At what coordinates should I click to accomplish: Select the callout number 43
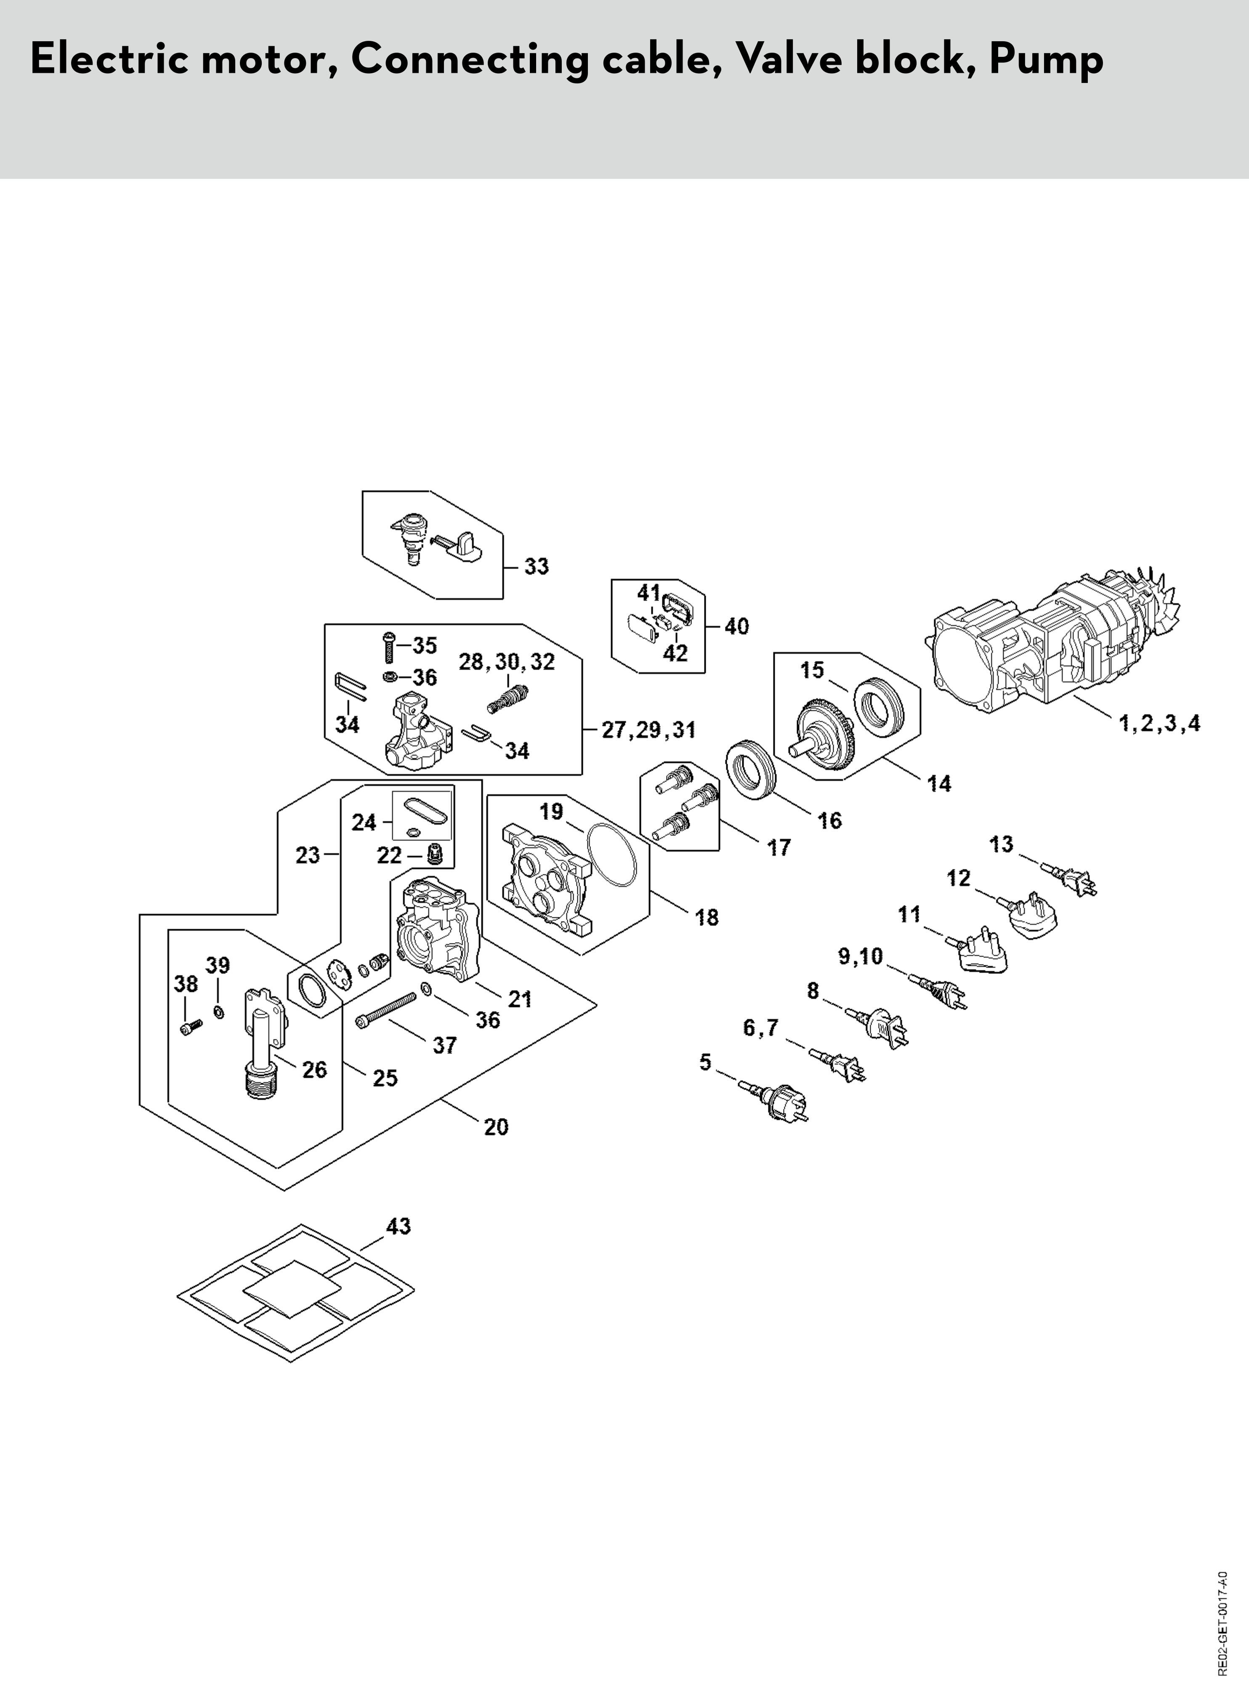399,1226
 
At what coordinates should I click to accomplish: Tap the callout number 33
537,567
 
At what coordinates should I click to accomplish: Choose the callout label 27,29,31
648,730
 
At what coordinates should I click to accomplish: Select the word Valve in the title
788,60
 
